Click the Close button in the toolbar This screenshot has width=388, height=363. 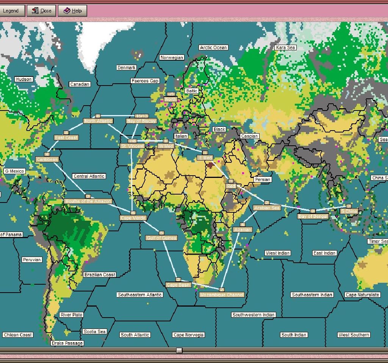tap(41, 11)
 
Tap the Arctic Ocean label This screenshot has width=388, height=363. tap(213, 48)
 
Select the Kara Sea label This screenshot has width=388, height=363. tap(285, 48)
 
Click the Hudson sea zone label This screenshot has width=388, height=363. tap(23, 79)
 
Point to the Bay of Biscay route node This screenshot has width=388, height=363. tap(141, 121)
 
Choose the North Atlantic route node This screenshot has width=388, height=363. tap(98, 121)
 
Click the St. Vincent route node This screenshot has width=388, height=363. tap(132, 146)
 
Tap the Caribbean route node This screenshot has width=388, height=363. tap(47, 160)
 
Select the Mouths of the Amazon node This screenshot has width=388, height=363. tap(88, 201)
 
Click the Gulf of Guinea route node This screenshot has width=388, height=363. tap(161, 238)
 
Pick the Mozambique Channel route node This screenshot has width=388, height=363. tap(222, 294)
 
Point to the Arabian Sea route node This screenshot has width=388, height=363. tap(267, 208)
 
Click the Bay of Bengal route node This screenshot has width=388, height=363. tap(313, 217)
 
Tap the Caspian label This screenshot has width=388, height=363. tap(249, 136)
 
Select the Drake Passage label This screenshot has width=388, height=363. tap(67, 343)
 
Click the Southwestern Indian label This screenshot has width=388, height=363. tap(253, 315)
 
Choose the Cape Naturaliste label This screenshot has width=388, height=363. tap(362, 295)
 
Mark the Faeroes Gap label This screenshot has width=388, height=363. tap(145, 81)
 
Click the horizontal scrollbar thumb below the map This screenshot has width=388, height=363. tap(179, 351)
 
